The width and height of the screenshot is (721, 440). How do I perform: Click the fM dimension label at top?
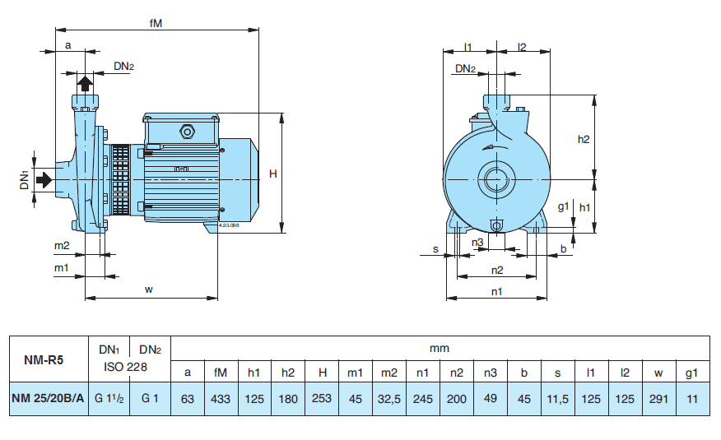click(156, 24)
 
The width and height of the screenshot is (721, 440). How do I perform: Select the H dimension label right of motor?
click(273, 174)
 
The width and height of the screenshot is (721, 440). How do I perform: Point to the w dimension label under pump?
click(149, 289)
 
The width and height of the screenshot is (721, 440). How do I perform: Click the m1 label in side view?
click(61, 268)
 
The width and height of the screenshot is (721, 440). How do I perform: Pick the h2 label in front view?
click(584, 139)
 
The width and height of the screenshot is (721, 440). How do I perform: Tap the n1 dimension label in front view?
click(496, 291)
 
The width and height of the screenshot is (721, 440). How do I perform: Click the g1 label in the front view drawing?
click(563, 206)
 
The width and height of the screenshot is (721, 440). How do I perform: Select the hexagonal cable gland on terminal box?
click(186, 131)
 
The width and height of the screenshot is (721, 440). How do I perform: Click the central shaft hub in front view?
click(496, 179)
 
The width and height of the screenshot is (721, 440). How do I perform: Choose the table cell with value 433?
click(221, 399)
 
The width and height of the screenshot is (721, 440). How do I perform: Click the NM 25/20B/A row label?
click(48, 399)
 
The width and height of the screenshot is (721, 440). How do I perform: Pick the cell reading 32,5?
click(389, 399)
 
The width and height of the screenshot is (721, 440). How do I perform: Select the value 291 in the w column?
click(658, 399)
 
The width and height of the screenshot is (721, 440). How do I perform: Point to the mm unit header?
click(440, 348)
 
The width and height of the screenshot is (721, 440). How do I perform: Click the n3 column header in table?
click(491, 372)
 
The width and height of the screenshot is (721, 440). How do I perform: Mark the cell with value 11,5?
click(558, 399)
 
